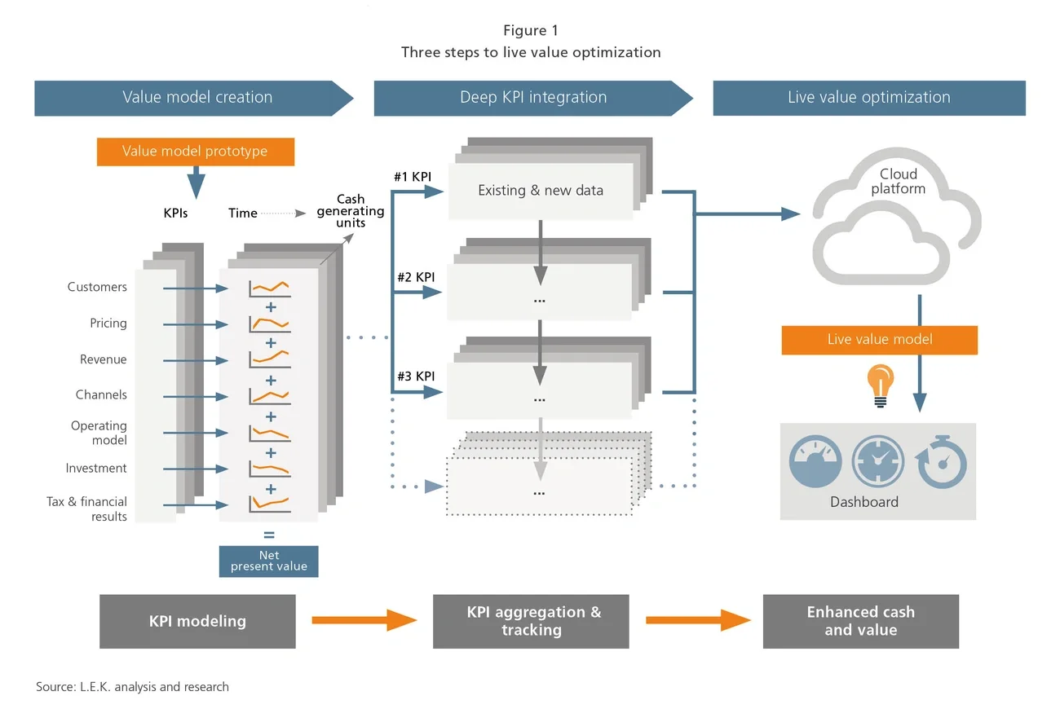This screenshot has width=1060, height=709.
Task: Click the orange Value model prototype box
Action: [x=195, y=151]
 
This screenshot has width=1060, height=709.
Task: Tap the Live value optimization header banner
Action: [x=868, y=98]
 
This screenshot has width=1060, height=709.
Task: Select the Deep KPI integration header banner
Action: [x=533, y=98]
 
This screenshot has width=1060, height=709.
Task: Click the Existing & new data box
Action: [x=541, y=191]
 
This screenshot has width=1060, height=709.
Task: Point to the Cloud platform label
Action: [x=898, y=182]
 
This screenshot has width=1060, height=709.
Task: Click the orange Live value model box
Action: [x=879, y=340]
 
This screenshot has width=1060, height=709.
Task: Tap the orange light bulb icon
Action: [x=880, y=383]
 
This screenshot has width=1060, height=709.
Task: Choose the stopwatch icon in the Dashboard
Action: [x=942, y=463]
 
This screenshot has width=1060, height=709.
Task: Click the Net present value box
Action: [x=268, y=561]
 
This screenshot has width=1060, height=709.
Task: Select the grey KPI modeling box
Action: [x=197, y=621]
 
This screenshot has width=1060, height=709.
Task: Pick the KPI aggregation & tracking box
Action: [x=531, y=621]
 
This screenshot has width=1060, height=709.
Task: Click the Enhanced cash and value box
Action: [x=860, y=621]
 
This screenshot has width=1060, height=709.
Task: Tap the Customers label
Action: [x=97, y=288]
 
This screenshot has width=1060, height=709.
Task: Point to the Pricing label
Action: [x=108, y=324]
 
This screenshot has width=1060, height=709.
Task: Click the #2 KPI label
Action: [x=416, y=277]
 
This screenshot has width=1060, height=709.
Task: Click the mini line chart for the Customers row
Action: [x=270, y=288]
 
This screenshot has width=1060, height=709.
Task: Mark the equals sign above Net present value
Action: [x=269, y=536]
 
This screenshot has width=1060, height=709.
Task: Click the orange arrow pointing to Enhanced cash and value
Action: [x=697, y=621]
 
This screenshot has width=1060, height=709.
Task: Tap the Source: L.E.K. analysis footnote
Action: [x=132, y=687]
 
